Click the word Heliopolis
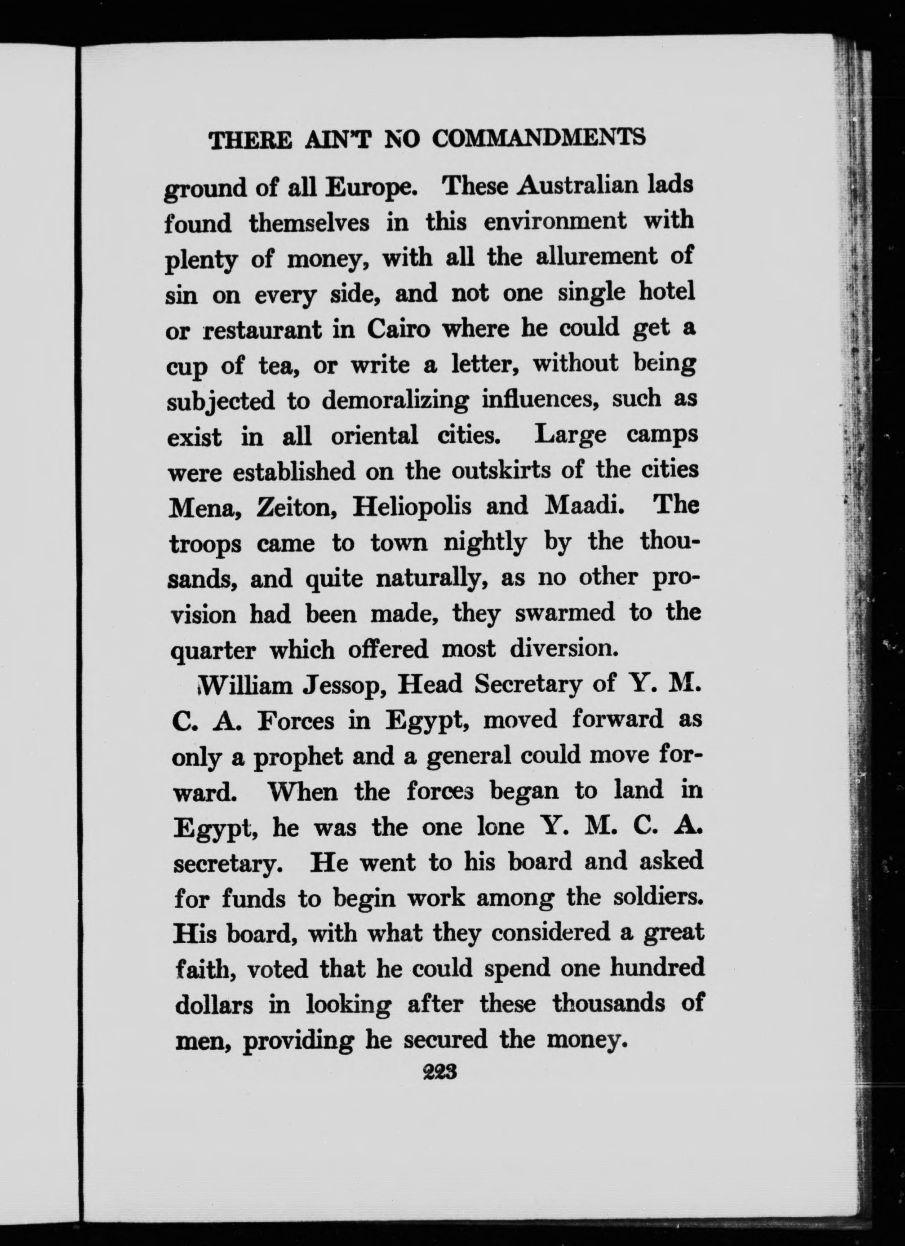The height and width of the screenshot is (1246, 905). coord(412,506)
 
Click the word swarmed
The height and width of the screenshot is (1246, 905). coord(565,613)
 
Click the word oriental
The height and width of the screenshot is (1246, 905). coord(374,437)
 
